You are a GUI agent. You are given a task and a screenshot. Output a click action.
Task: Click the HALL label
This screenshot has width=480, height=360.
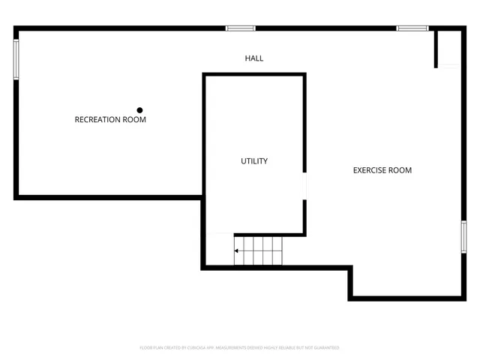(x=254, y=58)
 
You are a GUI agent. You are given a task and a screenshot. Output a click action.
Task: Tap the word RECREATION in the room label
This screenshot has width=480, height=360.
(x=98, y=119)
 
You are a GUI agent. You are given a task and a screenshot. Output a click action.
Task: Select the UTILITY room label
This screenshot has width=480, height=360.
(x=254, y=161)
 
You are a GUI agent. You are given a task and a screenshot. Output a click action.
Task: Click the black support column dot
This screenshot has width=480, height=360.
(x=139, y=109)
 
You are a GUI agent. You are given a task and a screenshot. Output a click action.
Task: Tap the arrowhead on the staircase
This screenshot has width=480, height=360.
(x=237, y=251)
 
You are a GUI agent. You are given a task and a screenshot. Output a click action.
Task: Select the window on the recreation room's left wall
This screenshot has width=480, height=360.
(x=16, y=59)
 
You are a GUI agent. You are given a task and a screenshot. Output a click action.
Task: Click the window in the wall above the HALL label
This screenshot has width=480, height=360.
(x=241, y=28)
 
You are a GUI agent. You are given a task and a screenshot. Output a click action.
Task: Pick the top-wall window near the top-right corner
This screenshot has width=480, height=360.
(x=412, y=28)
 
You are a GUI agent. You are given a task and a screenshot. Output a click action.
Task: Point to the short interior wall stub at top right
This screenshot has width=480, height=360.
(x=435, y=49)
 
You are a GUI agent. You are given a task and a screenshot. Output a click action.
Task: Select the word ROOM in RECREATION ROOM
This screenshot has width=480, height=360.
(x=135, y=119)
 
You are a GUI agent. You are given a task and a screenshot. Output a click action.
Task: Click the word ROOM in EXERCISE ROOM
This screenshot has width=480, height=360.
(x=400, y=170)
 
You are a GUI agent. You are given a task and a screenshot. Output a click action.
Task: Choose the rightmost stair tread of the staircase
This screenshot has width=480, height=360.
(x=279, y=251)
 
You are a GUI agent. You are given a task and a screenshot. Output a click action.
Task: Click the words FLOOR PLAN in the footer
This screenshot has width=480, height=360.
(x=150, y=348)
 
